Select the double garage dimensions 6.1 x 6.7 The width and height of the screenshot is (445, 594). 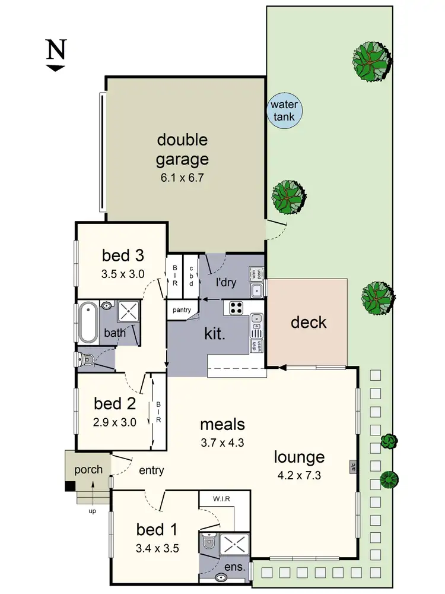click(x=182, y=178)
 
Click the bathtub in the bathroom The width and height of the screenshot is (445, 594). click(x=88, y=323)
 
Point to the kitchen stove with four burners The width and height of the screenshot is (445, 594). click(x=236, y=308)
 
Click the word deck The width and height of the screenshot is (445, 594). click(x=309, y=323)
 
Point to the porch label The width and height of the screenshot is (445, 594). click(x=88, y=469)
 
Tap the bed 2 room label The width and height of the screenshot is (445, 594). click(x=115, y=404)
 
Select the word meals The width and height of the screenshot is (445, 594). click(x=223, y=425)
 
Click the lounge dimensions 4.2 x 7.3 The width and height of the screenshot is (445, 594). click(x=299, y=476)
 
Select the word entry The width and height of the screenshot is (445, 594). click(x=151, y=470)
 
